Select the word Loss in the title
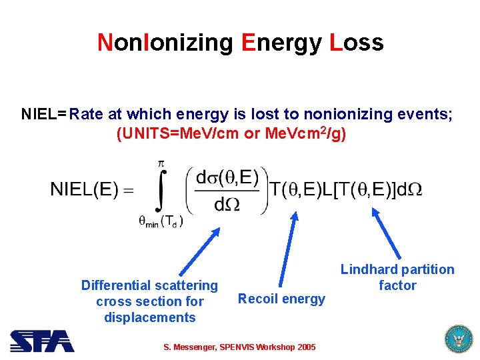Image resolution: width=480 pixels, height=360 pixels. [x=357, y=43]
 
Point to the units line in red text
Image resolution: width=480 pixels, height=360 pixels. [x=231, y=133]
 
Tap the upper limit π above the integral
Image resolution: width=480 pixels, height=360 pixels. [x=160, y=163]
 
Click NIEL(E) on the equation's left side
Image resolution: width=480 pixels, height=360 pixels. [x=85, y=189]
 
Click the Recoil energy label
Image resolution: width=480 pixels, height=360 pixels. [x=281, y=299]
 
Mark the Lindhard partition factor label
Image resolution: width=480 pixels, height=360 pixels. [x=397, y=277]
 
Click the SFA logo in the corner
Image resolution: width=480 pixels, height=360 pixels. [x=41, y=341]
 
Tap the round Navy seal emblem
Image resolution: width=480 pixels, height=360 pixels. [x=457, y=339]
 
